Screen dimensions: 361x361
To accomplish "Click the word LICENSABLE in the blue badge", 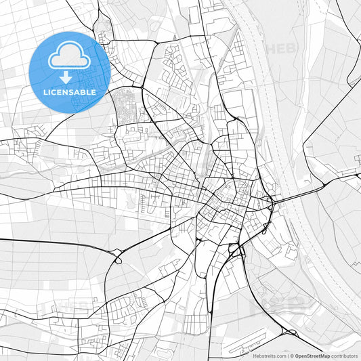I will [x=70, y=92].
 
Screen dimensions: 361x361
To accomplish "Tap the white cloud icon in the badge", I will [x=70, y=57].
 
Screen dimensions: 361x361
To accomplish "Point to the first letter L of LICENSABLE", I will [x=45, y=92].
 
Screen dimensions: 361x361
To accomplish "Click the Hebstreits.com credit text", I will [x=270, y=356].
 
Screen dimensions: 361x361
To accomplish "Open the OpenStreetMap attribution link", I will [x=311, y=356].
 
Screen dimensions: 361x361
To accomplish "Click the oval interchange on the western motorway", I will [x=117, y=257].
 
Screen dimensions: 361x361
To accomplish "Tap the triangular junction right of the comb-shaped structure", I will [x=291, y=333].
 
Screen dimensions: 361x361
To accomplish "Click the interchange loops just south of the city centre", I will [x=236, y=252].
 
